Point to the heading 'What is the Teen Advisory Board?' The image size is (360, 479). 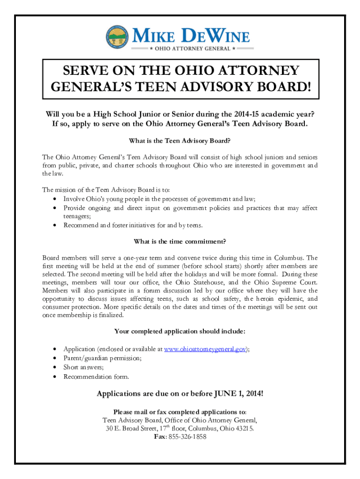[x=180, y=141]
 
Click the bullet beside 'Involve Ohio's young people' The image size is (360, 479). [x=56, y=199]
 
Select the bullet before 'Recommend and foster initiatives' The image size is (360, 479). [x=56, y=225]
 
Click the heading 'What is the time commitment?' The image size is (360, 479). [x=180, y=241]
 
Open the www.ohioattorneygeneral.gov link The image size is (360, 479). [x=206, y=349]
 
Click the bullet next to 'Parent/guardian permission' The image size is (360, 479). [x=56, y=358]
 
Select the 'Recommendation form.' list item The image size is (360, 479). [x=96, y=377]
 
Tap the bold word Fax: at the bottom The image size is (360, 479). [x=160, y=436]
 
